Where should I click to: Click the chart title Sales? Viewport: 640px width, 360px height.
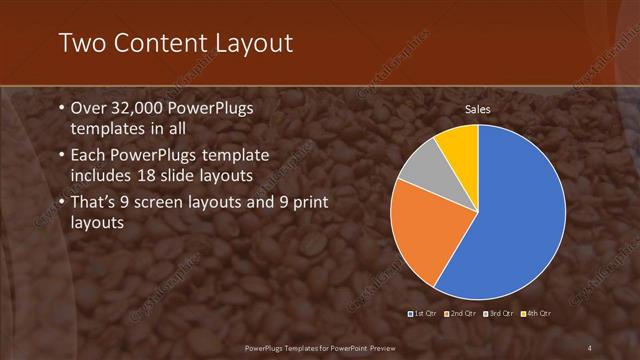pyautogui.click(x=477, y=109)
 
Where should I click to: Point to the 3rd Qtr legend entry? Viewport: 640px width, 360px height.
pyautogui.click(x=498, y=314)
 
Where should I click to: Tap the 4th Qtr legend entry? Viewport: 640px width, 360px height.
pyautogui.click(x=536, y=314)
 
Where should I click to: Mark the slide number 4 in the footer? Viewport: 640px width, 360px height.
pyautogui.click(x=590, y=347)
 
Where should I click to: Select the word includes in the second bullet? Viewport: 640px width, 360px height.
pyautogui.click(x=103, y=177)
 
